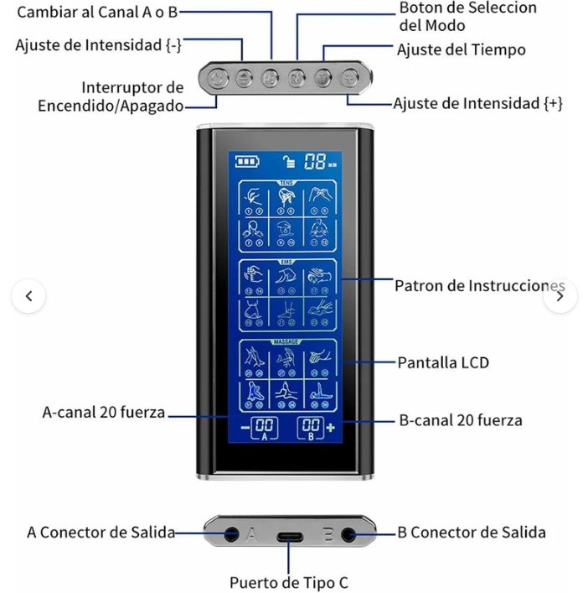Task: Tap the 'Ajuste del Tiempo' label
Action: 462,50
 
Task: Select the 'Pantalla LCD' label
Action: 443,363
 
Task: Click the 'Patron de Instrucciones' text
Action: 480,286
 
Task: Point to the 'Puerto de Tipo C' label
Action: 289,582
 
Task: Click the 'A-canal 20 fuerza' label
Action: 104,413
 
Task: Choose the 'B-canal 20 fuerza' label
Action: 459,419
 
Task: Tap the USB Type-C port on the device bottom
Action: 289,537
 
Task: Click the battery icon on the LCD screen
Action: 247,162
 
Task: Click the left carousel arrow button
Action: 29,296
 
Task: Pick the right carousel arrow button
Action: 560,296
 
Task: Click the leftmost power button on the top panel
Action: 218,80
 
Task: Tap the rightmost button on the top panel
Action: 349,80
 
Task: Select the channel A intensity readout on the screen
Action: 264,426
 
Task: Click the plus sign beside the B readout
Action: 330,427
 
